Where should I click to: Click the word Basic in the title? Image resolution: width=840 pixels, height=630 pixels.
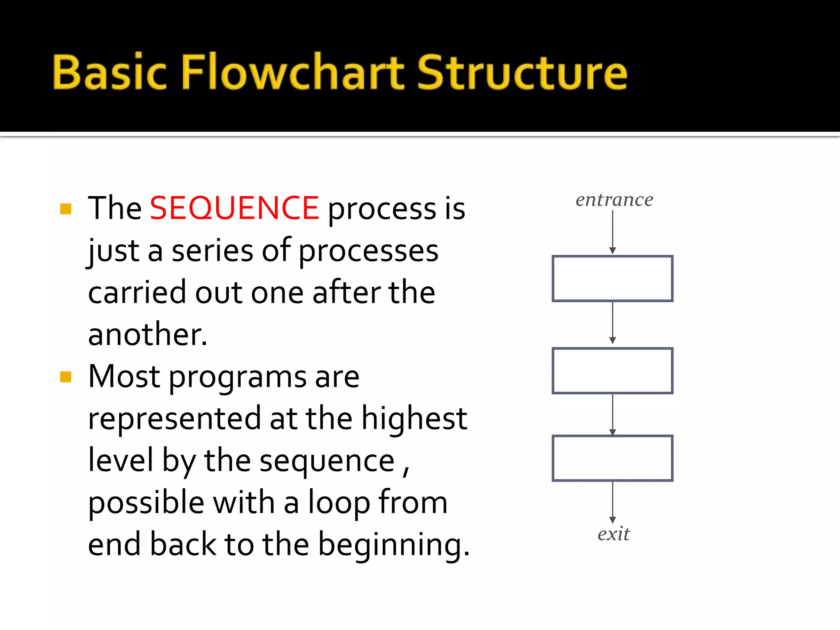110,72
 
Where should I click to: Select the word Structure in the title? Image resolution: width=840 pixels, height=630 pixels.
522,72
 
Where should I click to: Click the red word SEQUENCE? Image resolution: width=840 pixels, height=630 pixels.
234,208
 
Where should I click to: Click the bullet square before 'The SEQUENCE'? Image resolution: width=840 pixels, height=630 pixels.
66,209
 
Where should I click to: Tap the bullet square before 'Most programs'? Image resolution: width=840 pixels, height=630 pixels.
66,377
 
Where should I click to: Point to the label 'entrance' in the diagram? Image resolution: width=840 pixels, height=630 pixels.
614,200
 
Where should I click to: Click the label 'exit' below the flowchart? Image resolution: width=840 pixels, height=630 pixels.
613,534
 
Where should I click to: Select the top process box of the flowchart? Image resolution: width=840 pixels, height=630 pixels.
612,278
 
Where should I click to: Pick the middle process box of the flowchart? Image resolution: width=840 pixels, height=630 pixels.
612,370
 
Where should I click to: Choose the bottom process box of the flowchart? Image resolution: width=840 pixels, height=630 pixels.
612,458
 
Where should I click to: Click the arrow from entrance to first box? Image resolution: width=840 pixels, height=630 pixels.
612,232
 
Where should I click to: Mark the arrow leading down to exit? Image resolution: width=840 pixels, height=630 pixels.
612,502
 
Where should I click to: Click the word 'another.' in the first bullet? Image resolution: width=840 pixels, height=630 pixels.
148,334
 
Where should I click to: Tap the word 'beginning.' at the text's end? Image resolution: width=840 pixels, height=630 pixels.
394,545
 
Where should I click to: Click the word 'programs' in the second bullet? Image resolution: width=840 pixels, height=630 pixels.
237,377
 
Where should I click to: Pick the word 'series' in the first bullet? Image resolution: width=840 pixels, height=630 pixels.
212,251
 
